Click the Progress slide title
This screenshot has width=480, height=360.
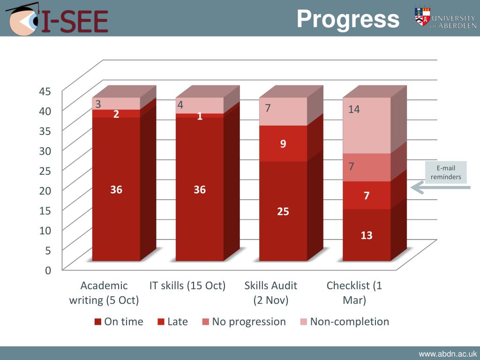[348, 20]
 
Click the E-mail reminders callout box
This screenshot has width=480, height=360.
[446, 172]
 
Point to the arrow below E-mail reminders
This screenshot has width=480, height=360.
[440, 188]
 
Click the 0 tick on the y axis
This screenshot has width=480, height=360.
[48, 270]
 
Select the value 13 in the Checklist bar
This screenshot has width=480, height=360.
[367, 235]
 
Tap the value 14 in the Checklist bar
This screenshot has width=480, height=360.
[354, 109]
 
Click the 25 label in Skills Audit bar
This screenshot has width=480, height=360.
[283, 212]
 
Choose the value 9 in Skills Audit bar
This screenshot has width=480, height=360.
[283, 144]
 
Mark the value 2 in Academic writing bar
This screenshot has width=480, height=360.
[116, 114]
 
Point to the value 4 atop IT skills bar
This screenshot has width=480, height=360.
[180, 105]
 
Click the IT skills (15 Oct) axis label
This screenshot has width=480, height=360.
[187, 285]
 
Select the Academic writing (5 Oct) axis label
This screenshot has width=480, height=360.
[104, 292]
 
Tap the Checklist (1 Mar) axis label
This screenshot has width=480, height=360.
[354, 292]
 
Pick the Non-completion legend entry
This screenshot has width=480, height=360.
[345, 322]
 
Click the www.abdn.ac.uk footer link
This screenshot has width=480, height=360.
[448, 354]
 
